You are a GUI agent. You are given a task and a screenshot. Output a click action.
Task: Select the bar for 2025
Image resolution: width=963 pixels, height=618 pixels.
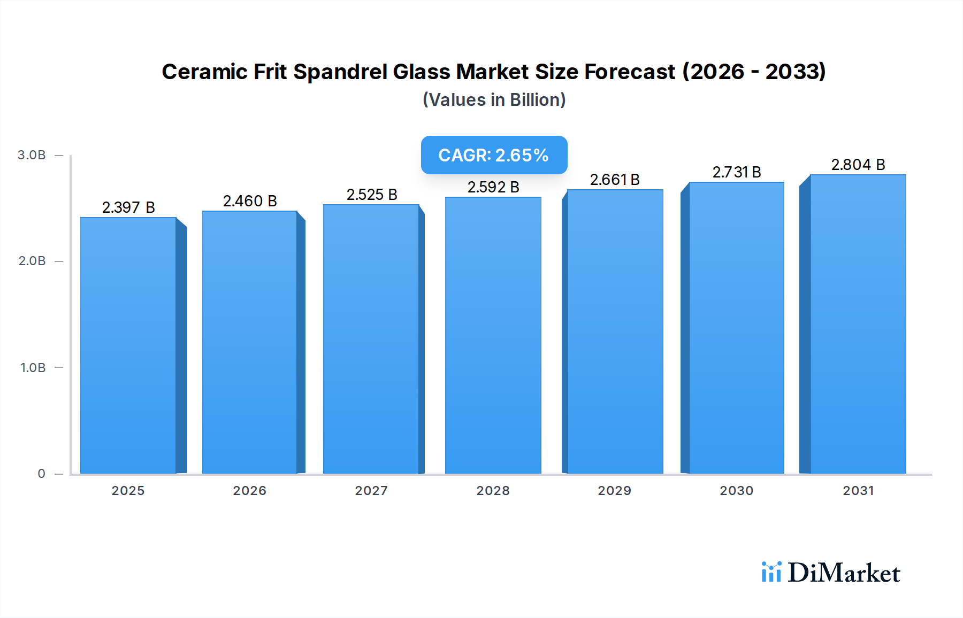[x=128, y=345]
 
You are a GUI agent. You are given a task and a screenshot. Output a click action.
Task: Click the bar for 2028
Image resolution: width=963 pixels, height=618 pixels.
[x=493, y=335]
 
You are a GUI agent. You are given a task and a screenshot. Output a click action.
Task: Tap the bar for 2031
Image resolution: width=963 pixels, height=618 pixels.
[x=858, y=324]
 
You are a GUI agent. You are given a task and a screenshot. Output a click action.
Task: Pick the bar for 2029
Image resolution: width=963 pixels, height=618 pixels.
[x=615, y=331]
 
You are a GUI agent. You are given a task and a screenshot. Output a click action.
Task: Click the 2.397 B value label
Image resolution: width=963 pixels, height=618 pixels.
[x=128, y=207]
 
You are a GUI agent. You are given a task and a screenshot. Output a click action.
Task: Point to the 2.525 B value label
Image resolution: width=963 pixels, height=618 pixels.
[x=372, y=195]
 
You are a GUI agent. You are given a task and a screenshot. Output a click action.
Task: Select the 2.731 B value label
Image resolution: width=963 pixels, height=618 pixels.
[x=737, y=172]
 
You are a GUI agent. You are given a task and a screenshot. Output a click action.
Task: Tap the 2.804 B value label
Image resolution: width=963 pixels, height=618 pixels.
[x=858, y=165]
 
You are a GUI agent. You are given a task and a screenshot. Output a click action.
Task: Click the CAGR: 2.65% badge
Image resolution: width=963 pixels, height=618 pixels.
[x=494, y=155]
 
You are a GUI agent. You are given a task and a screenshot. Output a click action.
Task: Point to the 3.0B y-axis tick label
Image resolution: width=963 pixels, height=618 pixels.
[x=32, y=155]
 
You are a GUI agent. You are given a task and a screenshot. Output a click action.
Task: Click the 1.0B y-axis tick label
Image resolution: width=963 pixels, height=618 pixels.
[x=33, y=368]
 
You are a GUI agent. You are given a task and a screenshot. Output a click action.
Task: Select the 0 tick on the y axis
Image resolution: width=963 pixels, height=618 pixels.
[x=41, y=474]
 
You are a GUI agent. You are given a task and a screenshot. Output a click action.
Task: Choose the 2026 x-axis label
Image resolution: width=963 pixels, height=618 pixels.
[x=249, y=491]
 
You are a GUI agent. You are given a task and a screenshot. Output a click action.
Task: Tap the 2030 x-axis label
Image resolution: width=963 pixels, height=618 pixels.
[x=736, y=491]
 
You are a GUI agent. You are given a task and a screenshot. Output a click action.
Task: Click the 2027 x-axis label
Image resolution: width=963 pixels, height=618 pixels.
[x=371, y=491]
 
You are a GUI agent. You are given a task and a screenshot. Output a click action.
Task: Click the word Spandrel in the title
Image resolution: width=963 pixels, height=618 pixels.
[x=340, y=72]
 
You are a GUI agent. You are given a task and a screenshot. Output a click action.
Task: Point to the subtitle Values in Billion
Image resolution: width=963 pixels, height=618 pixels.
[x=494, y=100]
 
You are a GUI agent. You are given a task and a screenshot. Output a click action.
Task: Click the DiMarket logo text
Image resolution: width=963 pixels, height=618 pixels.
[x=844, y=573]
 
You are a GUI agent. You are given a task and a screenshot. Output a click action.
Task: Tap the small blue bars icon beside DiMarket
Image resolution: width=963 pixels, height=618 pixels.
[x=771, y=572]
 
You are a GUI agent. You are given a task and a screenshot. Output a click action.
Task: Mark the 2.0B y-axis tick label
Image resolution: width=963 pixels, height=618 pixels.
[x=32, y=261]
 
